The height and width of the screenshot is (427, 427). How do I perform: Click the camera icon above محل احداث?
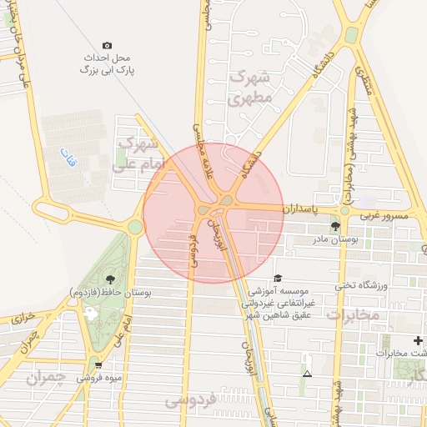click(107, 45)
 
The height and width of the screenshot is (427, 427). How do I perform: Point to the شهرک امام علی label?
click(138, 153)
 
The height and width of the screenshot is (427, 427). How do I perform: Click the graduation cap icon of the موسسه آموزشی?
click(277, 279)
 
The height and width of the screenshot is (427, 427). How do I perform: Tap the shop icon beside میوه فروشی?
click(99, 364)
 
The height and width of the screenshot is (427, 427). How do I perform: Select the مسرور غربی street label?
click(384, 215)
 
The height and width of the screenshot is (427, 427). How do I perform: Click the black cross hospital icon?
click(418, 341)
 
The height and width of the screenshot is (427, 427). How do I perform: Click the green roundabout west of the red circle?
click(135, 226)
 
